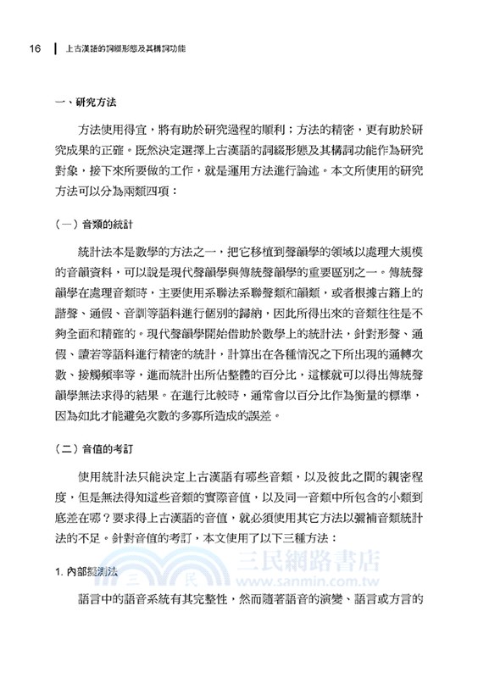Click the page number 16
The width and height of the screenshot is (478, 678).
pyautogui.click(x=35, y=48)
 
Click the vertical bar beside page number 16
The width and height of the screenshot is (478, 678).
pyautogui.click(x=55, y=48)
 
